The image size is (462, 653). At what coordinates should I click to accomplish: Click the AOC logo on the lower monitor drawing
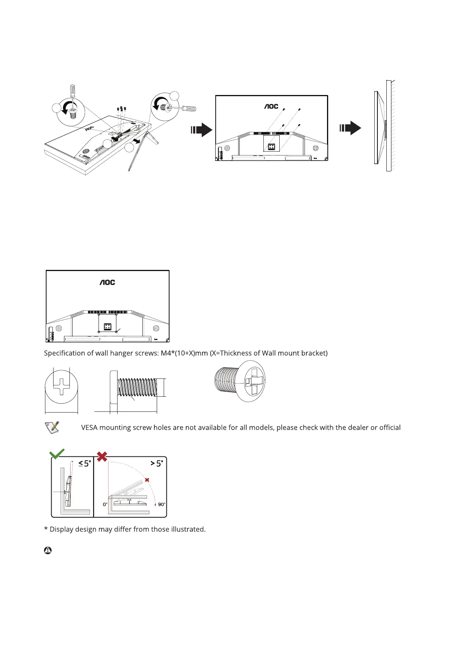coord(107,282)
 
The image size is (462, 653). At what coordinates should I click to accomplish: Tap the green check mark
coord(57,454)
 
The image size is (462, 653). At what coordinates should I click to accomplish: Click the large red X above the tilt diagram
coord(102,456)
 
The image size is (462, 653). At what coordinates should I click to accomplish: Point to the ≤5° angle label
coord(85,463)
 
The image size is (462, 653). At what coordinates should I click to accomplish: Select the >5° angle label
coord(157,463)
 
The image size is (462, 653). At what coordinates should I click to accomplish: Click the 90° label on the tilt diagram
coord(161,504)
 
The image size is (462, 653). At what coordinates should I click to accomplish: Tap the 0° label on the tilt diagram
coord(105,504)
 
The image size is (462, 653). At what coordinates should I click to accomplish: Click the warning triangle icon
coord(48,550)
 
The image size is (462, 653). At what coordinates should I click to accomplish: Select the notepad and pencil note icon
coord(52,427)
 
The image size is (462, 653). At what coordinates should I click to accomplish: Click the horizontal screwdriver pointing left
coord(186,109)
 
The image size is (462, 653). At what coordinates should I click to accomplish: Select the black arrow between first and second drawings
coord(201,130)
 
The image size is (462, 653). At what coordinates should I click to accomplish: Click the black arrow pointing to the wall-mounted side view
coord(350,128)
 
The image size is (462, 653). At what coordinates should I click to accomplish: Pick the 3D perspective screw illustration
coord(240,381)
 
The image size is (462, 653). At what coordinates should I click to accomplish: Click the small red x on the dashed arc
coord(147,480)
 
